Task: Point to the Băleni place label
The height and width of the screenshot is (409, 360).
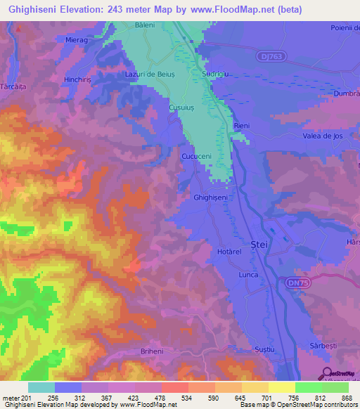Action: click(144, 25)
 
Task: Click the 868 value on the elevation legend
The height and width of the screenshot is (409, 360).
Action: click(347, 398)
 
